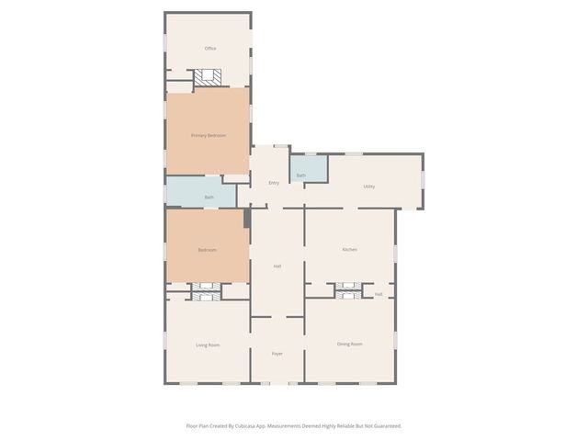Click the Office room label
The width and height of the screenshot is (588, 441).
coord(209,49)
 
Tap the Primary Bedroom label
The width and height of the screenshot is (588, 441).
coord(209,135)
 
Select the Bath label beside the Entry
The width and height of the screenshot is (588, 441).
coord(300,175)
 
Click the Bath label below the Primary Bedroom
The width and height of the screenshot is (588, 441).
coord(209,197)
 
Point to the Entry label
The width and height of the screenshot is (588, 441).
coord(274,183)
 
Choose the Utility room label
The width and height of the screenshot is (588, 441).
coord(368,187)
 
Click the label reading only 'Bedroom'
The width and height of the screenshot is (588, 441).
coord(208,250)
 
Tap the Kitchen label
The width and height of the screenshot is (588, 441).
coord(349,250)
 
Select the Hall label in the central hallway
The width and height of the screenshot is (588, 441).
coord(277,266)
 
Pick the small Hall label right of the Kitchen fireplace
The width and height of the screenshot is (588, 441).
coord(378,294)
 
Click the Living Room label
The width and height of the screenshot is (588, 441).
coord(208,345)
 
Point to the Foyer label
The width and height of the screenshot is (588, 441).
coord(277,353)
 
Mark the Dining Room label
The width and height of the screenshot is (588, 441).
coord(349,344)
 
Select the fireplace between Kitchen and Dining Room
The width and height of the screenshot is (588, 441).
coord(348,290)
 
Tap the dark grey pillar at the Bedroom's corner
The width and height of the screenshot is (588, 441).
coord(246,218)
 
